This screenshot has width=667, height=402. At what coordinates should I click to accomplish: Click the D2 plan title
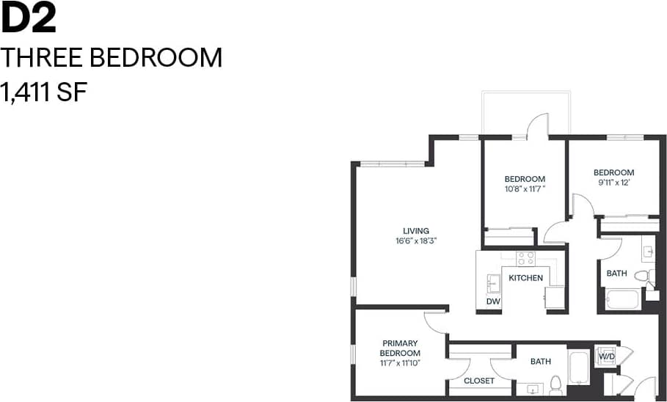29,20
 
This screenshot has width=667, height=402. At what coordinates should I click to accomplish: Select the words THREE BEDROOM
112,58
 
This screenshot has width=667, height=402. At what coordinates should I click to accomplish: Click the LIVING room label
415,231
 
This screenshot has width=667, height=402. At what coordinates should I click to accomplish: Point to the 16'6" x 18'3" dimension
415,241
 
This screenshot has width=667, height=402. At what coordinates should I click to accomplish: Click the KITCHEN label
526,278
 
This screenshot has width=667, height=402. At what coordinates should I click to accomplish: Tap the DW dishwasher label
493,301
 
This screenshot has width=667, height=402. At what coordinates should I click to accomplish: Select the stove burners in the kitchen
525,258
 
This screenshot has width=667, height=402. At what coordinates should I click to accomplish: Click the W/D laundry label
607,357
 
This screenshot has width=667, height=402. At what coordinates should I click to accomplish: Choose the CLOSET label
478,381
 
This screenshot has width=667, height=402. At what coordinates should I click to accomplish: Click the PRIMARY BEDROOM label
400,348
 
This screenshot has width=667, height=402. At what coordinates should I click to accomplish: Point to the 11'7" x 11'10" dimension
400,362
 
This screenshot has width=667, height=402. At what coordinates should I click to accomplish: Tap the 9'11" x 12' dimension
613,183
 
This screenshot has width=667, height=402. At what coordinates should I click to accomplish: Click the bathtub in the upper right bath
623,299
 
